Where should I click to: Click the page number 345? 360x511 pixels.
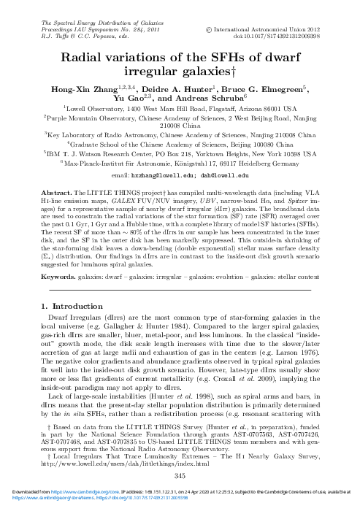click(x=180, y=476)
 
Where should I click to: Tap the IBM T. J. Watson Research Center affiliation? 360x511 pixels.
click(x=180, y=155)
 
